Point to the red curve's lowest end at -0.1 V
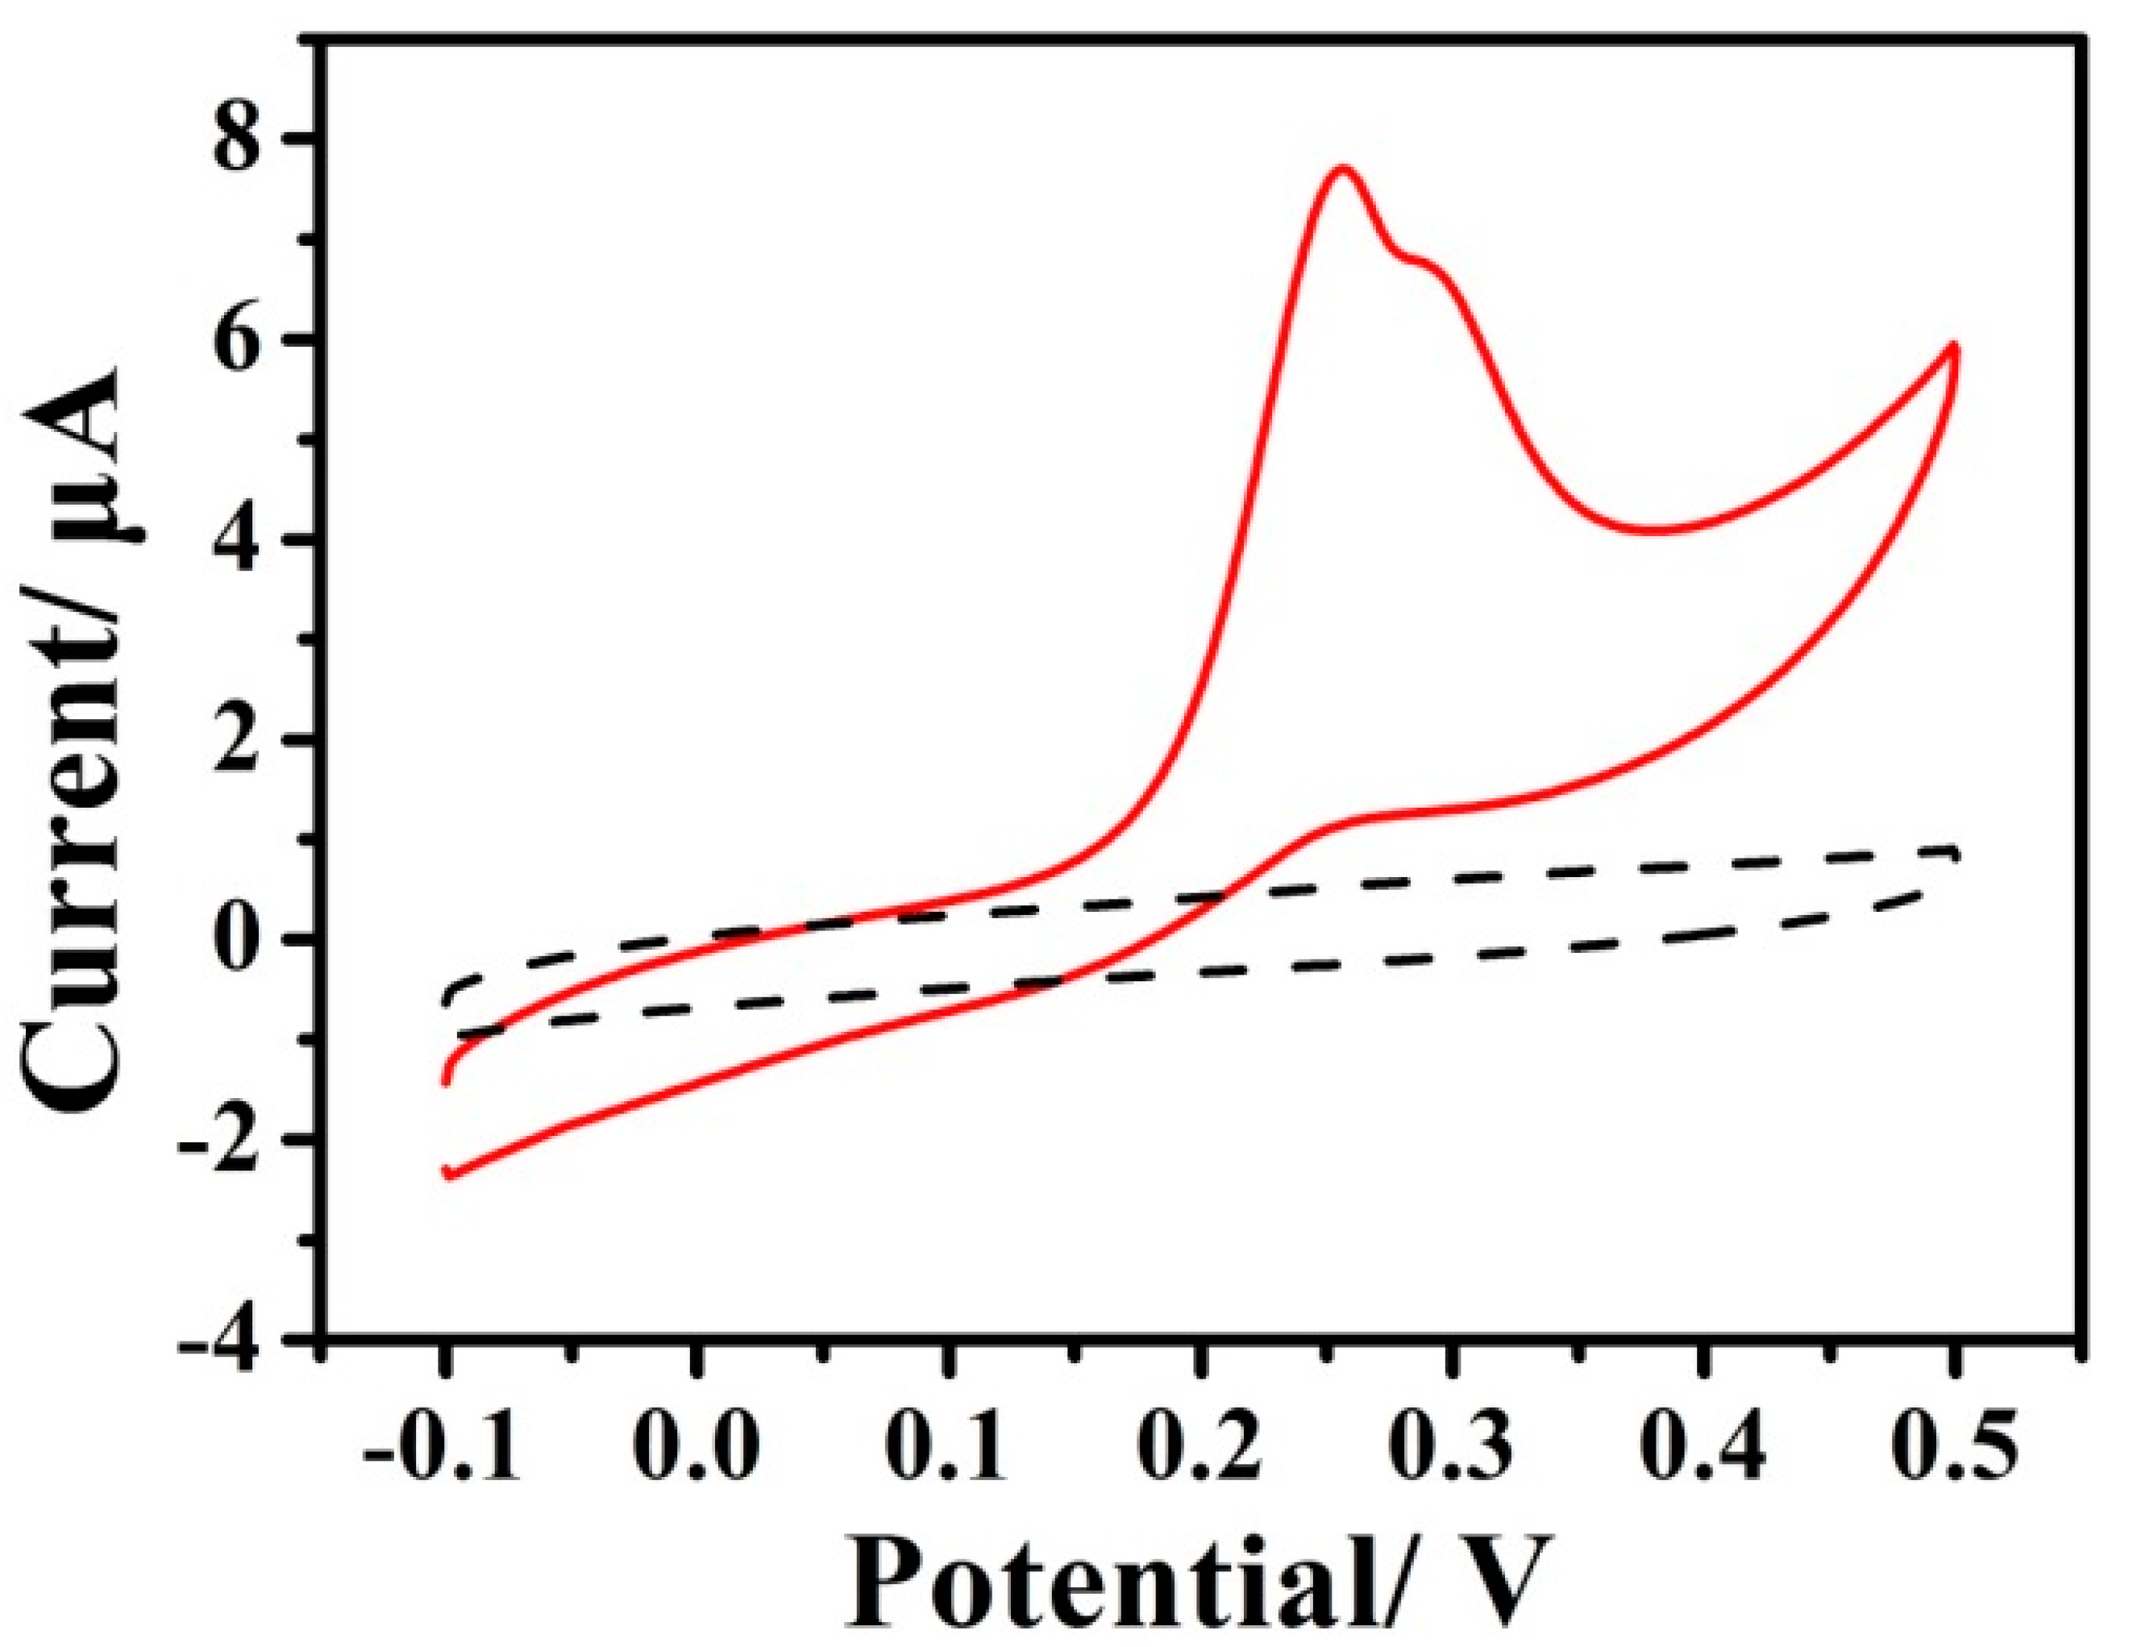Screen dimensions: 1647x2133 click(448, 1173)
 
